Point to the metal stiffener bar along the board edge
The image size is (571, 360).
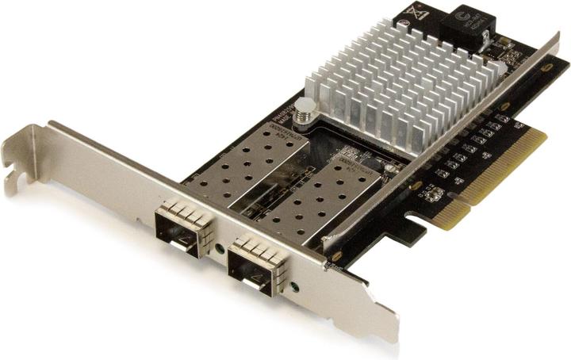pyautogui.click(x=444, y=143)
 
